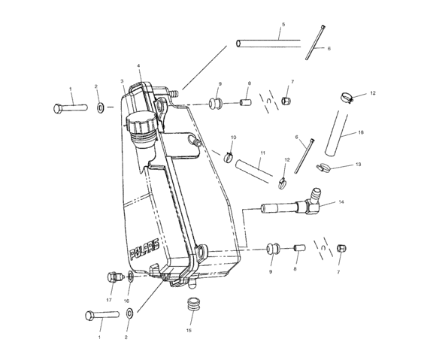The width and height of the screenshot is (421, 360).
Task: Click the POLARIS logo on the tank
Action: pos(144,249)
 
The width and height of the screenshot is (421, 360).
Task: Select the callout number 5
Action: pos(283,25)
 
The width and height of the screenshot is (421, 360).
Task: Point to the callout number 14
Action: pos(341,201)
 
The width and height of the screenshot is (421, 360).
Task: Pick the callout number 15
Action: pos(189,330)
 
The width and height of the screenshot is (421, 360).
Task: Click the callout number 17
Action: pos(109,300)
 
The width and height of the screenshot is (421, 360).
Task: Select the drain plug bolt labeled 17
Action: pos(114,277)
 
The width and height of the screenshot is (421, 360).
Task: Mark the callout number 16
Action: pos(126,301)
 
